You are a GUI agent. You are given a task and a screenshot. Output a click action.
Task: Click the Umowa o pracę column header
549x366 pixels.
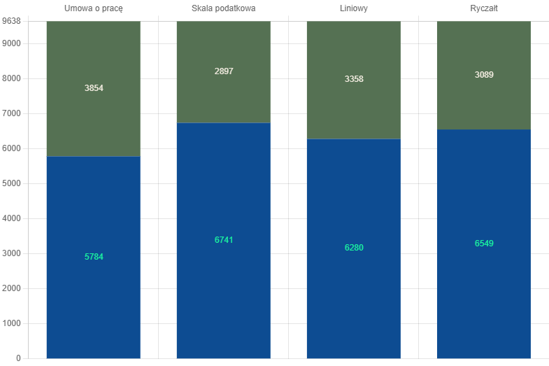[x=94, y=8]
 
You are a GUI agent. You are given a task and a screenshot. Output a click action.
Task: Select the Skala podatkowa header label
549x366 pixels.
[x=223, y=8]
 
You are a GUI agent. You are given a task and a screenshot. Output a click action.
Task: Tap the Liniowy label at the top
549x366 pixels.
[x=354, y=8]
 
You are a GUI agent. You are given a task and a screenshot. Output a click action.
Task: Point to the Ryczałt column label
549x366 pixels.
[x=484, y=8]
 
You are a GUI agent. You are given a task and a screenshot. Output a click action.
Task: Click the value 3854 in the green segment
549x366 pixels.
[x=94, y=88]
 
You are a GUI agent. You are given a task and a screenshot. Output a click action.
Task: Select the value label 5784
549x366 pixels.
[x=94, y=257]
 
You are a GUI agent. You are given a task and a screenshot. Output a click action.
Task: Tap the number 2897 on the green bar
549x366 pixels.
[x=224, y=71]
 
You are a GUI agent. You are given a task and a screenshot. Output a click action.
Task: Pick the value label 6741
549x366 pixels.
[x=224, y=240]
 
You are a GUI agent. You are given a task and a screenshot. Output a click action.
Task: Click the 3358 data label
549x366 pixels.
[x=354, y=79]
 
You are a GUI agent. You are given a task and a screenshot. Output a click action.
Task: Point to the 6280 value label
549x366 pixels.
[x=354, y=248]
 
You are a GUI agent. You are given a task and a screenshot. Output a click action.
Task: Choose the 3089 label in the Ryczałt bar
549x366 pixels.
[x=484, y=75]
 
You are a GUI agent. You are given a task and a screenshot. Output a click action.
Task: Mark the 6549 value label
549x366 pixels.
[x=484, y=244]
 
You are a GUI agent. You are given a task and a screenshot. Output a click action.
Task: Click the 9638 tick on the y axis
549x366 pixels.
[x=12, y=21]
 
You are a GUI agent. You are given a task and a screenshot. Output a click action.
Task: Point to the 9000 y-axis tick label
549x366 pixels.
[x=12, y=43]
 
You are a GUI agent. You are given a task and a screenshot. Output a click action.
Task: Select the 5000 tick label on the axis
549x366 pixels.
[x=12, y=183]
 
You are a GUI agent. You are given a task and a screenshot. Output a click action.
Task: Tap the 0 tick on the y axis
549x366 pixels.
[x=18, y=358]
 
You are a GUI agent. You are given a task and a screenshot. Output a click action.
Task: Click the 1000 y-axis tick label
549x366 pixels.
[x=12, y=323]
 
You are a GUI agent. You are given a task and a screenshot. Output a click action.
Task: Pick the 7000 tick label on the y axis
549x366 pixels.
[x=12, y=113]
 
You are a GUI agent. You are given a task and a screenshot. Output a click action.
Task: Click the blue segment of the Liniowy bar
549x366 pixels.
[x=354, y=248]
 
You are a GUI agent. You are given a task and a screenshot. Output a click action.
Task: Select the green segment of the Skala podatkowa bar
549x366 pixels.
[x=223, y=72]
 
